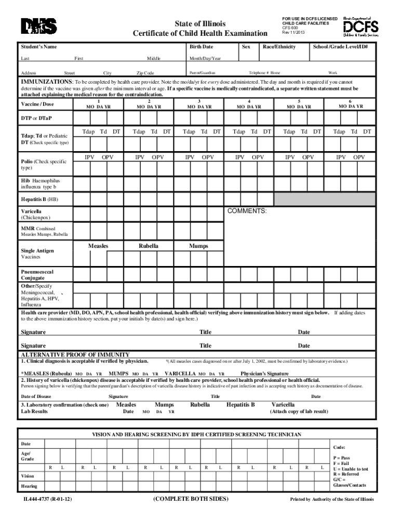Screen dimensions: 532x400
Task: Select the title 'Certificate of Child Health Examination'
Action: [200, 34]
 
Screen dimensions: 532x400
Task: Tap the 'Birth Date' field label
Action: [201, 47]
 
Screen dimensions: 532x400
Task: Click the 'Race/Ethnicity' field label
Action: [279, 47]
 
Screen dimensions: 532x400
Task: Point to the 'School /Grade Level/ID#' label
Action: [340, 47]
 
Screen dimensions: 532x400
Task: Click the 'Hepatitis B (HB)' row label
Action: [39, 199]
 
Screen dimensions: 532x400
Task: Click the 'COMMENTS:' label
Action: [247, 211]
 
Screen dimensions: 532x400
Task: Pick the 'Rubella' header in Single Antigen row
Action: [149, 246]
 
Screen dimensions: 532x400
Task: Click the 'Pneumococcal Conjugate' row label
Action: [37, 275]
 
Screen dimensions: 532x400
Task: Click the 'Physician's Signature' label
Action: [264, 374]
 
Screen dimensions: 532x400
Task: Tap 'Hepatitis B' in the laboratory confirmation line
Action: [241, 404]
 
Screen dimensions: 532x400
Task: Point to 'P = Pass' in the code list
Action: [341, 458]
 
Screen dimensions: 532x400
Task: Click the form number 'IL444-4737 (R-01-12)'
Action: [47, 499]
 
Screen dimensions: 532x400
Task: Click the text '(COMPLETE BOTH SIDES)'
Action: [191, 499]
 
